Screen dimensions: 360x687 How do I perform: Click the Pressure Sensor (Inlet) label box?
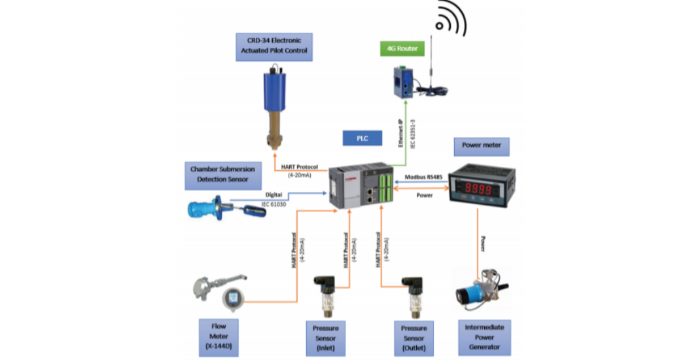pos(325,337)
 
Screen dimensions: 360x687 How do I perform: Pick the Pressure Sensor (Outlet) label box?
pos(414,337)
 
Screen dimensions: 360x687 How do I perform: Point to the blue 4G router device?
pos(402,82)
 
